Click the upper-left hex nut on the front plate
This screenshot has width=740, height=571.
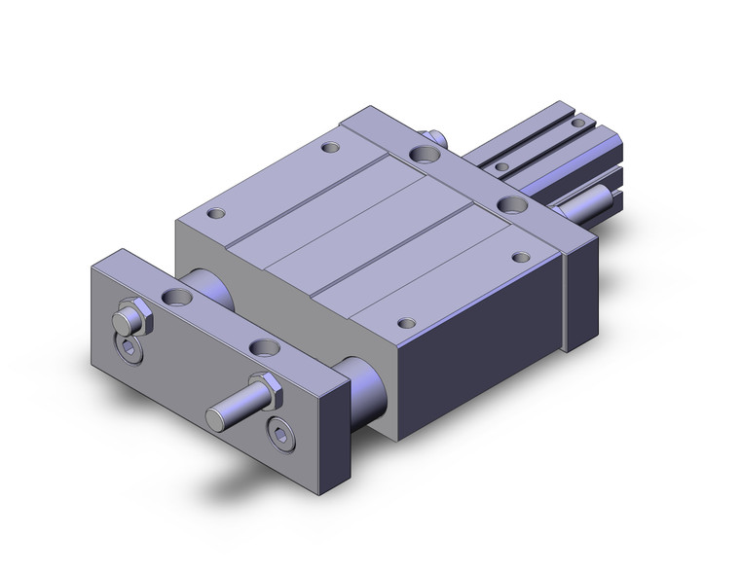point(127,318)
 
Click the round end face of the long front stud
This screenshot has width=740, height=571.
point(215,418)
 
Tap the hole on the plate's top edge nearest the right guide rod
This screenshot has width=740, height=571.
point(260,345)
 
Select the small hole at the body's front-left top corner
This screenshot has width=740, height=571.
point(216,212)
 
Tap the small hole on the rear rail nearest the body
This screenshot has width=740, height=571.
point(501,166)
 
